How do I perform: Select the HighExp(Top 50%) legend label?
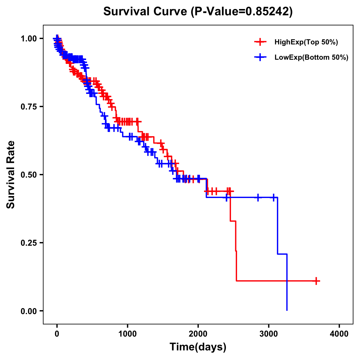pos(306,42)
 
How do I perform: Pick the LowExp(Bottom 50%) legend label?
pos(311,58)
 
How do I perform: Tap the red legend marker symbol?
pos(260,42)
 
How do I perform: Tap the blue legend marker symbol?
pos(260,57)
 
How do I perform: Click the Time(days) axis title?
pos(198,347)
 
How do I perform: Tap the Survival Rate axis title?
pos(11,175)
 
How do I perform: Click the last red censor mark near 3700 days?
pos(316,281)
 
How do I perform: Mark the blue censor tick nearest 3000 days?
pos(273,197)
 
